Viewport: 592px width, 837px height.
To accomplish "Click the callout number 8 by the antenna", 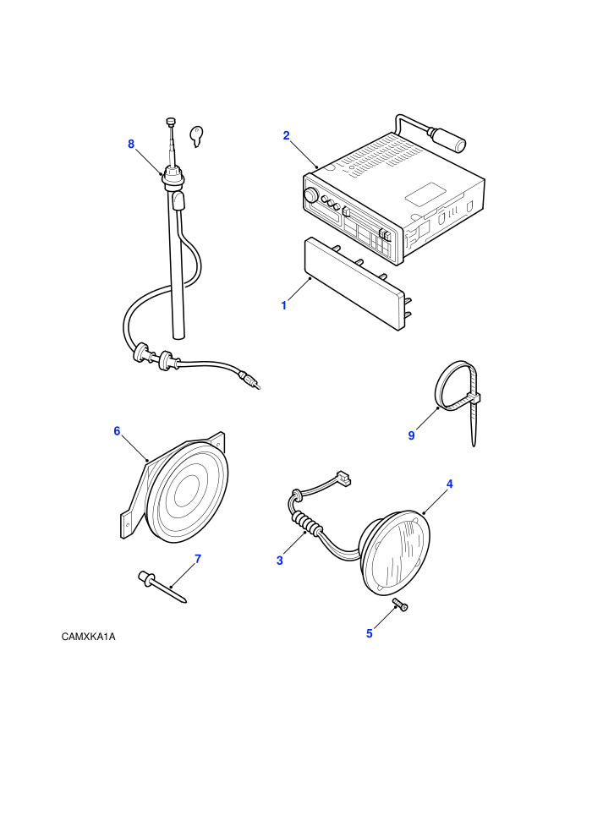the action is (x=131, y=144).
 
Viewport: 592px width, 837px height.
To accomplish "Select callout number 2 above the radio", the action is (x=286, y=135).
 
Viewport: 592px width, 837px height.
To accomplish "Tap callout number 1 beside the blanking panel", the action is (x=284, y=306).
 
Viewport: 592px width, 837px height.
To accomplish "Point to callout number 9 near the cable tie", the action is (x=411, y=435).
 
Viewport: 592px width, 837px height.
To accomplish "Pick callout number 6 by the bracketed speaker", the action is (x=117, y=431).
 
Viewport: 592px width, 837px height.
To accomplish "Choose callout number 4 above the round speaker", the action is (x=449, y=484).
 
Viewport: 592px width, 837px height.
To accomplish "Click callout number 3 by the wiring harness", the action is (x=280, y=561).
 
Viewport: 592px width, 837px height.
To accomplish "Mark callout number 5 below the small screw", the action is (x=369, y=633).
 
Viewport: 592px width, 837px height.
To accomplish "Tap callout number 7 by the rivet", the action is (x=198, y=559).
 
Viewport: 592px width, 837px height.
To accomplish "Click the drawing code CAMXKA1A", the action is (x=88, y=637).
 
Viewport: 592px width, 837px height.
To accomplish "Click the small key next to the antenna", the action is (x=198, y=135).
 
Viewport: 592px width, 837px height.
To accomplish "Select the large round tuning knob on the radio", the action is (x=310, y=195).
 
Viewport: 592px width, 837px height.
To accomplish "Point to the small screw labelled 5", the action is (x=400, y=604).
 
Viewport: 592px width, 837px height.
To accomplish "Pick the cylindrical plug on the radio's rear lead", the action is (x=451, y=138).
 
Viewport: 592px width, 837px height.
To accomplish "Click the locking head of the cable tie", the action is (x=474, y=397).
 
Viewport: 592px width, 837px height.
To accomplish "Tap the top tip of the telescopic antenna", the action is (x=171, y=121).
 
